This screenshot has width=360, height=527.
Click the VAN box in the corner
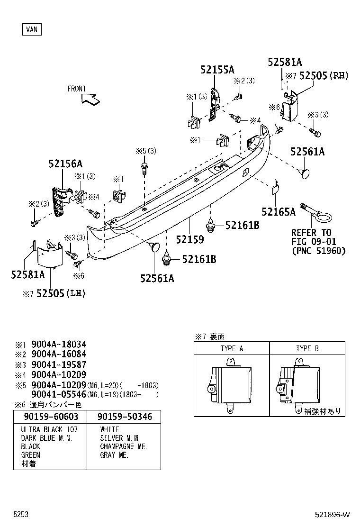pyautogui.click(x=32, y=29)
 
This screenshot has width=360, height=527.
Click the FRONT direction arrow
pyautogui.click(x=90, y=98)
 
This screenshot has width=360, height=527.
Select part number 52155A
pyautogui.click(x=217, y=70)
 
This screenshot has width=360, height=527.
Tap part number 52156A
pyautogui.click(x=65, y=164)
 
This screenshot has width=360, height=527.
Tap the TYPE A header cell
pyautogui.click(x=232, y=348)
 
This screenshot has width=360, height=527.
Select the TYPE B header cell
pyautogui.click(x=307, y=348)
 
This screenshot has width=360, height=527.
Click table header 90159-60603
pyautogui.click(x=50, y=417)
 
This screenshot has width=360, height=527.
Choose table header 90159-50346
pyautogui.click(x=125, y=417)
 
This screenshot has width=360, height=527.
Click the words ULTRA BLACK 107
pyautogui.click(x=49, y=429)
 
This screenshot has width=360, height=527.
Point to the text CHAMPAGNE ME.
pyautogui.click(x=123, y=446)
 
